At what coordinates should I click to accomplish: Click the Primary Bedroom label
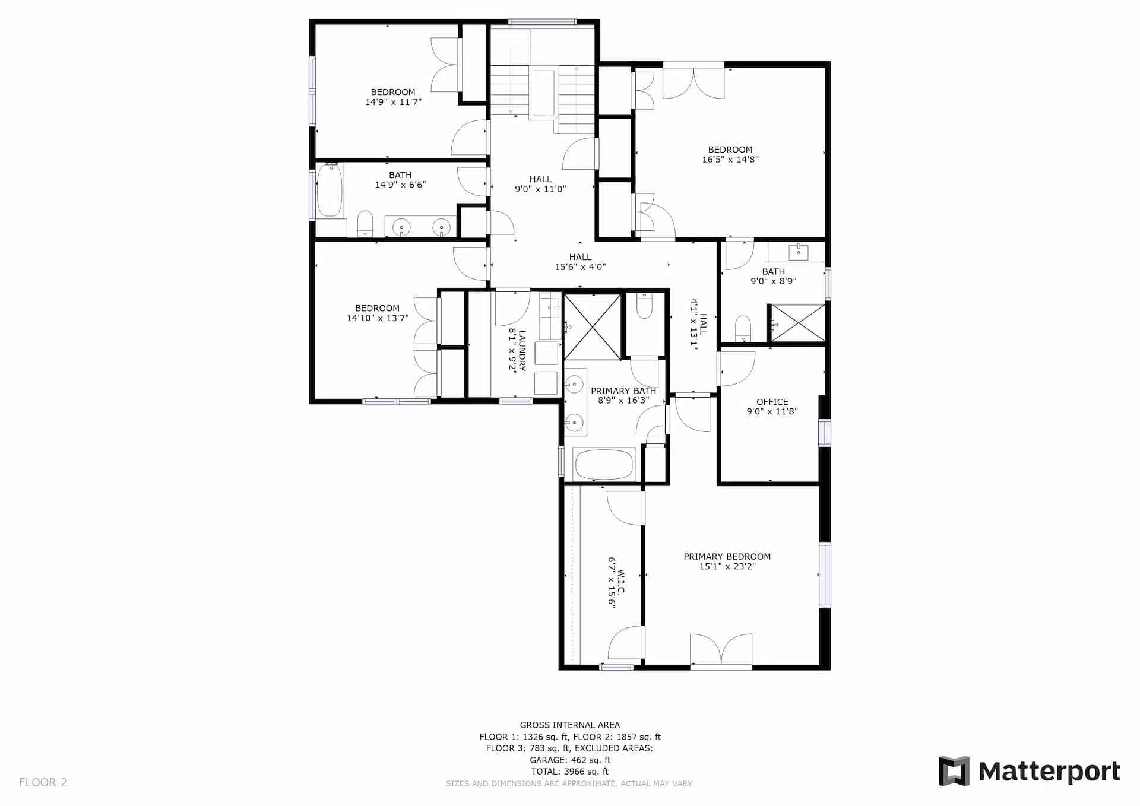[727, 557]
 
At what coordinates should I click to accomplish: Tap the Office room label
[772, 402]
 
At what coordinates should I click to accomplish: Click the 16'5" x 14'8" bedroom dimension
[730, 159]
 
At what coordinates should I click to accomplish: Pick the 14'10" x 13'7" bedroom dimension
[378, 318]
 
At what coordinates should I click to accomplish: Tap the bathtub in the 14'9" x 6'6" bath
[330, 190]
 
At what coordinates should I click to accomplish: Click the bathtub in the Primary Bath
[604, 465]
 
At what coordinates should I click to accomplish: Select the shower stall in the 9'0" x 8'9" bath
[798, 323]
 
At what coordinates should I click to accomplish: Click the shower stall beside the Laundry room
[593, 327]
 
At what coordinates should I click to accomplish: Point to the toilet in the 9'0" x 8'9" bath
[743, 329]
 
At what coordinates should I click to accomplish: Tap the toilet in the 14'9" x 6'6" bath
[365, 224]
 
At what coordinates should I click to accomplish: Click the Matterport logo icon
[954, 771]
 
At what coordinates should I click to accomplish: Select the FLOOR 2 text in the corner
[43, 782]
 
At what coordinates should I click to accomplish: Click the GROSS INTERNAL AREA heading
[570, 725]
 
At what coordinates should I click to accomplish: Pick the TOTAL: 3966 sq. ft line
[570, 772]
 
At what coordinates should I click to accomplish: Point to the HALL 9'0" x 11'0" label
[540, 184]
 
